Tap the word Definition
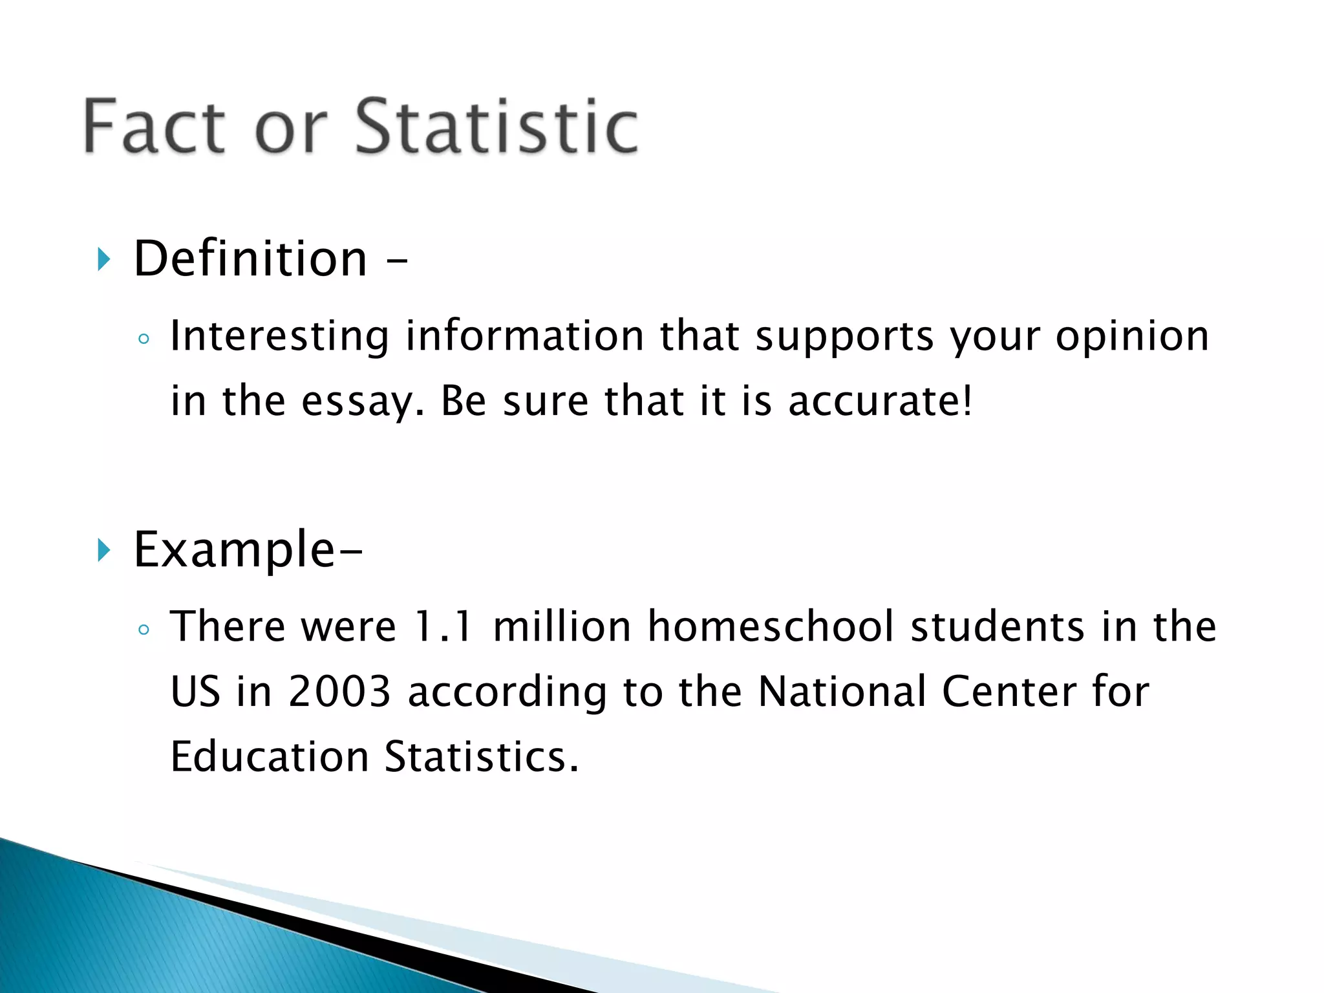click(250, 259)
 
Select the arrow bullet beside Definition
click(103, 260)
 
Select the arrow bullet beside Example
click(103, 551)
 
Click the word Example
click(234, 550)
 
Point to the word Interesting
click(279, 336)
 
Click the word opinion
click(1132, 336)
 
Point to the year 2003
click(339, 691)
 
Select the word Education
click(269, 756)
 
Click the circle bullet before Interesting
click(144, 339)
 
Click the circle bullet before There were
click(144, 629)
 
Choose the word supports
click(844, 337)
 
